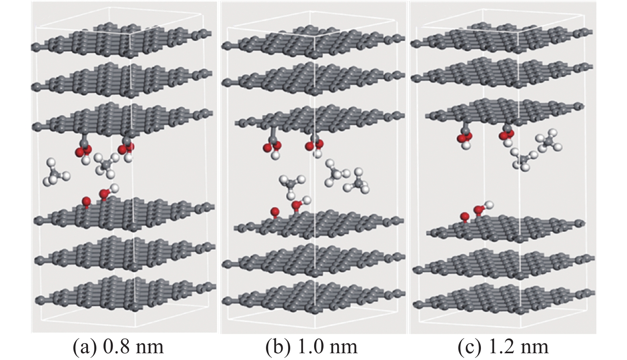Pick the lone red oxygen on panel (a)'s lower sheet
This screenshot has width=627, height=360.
click(86, 201)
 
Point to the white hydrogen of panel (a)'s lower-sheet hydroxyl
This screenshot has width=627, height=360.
click(115, 187)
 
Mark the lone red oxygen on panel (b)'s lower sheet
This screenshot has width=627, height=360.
click(274, 212)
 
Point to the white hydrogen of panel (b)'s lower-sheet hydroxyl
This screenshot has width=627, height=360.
click(307, 200)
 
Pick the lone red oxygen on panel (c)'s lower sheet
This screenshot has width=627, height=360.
click(464, 217)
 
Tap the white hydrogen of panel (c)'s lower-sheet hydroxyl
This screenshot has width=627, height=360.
click(490, 205)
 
